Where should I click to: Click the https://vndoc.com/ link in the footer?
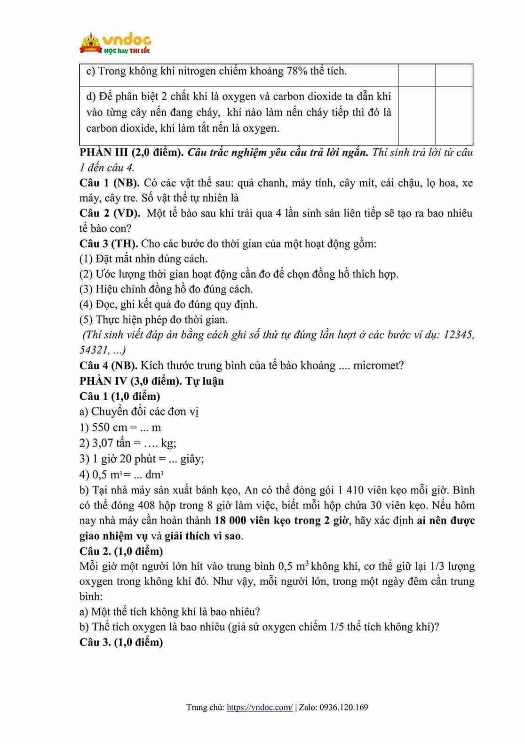tap(260, 707)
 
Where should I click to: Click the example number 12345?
tap(459, 335)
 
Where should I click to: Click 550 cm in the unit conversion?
tap(110, 428)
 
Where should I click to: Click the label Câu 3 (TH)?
tap(108, 243)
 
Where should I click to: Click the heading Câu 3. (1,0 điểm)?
tap(121, 642)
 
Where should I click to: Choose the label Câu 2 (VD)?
tap(110, 213)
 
